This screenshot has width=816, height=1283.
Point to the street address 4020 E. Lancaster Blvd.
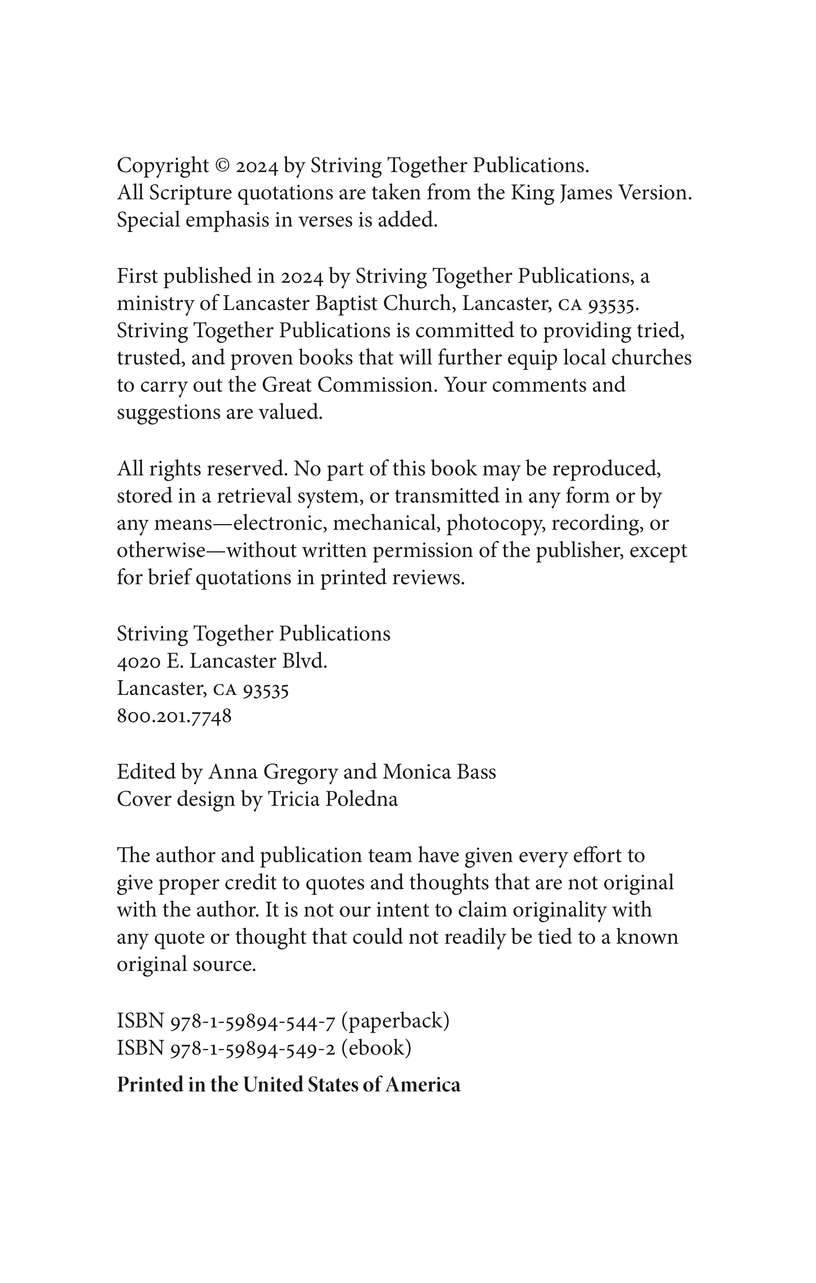222,661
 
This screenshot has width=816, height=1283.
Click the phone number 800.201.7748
174,716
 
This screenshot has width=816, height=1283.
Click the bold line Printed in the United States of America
289,1085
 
